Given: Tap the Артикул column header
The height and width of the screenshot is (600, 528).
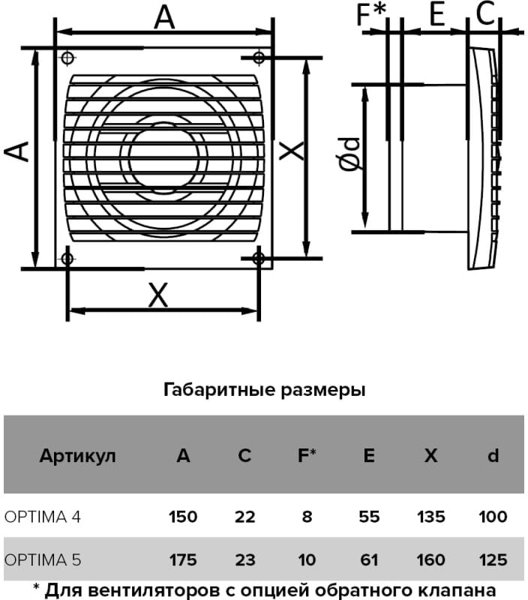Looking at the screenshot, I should [78, 456].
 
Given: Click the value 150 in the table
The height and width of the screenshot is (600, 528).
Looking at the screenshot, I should [183, 517].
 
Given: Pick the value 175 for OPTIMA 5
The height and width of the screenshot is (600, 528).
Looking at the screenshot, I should [183, 559].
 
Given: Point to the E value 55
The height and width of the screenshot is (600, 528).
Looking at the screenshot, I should [368, 517].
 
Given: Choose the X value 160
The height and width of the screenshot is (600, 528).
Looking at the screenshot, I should [430, 559].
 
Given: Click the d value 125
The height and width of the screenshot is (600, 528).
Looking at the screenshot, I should [493, 559].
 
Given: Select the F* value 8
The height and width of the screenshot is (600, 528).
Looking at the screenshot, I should [307, 517].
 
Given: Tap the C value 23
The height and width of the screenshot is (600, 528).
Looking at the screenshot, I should [245, 559].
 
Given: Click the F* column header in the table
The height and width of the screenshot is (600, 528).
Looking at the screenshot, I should [307, 456].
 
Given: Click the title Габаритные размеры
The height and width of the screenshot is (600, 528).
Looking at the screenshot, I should [264, 390].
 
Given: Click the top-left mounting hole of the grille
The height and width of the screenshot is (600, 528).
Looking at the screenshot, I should [67, 58].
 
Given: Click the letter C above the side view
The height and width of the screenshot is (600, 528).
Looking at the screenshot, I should [486, 13].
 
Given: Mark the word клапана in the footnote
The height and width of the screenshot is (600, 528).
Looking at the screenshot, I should [457, 587].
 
